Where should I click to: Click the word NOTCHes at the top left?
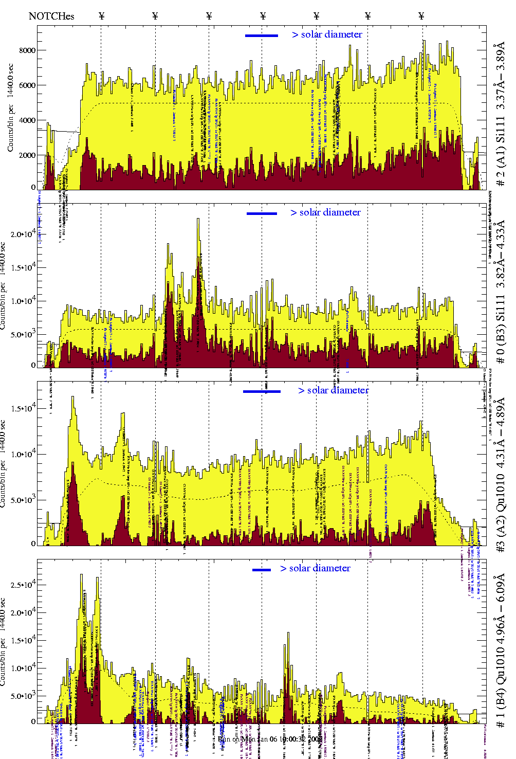pyautogui.click(x=51, y=16)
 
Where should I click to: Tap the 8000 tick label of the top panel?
pyautogui.click(x=27, y=50)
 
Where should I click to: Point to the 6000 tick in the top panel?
pyautogui.click(x=27, y=85)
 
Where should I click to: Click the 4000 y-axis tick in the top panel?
pyautogui.click(x=27, y=120)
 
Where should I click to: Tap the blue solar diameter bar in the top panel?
pyautogui.click(x=262, y=35)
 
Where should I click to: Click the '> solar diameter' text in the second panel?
pyautogui.click(x=325, y=212)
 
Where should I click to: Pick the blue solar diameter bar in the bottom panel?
pyautogui.click(x=262, y=570)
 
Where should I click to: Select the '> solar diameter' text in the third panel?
pyautogui.click(x=333, y=390)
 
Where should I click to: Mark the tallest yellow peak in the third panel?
pyautogui.click(x=73, y=397)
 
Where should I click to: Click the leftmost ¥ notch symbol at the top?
pyautogui.click(x=101, y=16)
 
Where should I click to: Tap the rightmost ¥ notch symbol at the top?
pyautogui.click(x=421, y=16)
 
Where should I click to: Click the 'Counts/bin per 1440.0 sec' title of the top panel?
pyautogui.click(x=10, y=107)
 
